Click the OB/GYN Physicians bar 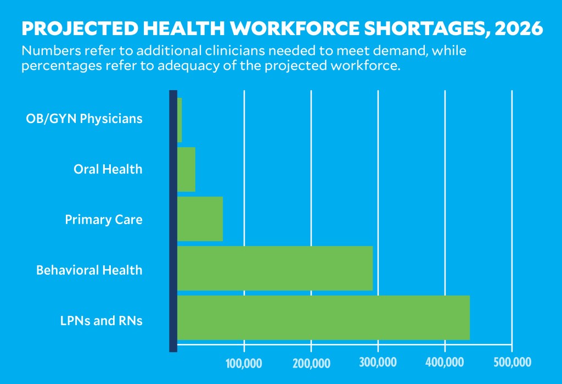tap(179, 120)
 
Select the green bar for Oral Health tap(187, 169)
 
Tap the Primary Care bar tap(200, 219)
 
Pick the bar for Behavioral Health tap(275, 268)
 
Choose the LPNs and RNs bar tap(324, 318)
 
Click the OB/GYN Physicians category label tap(85, 119)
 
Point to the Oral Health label tap(108, 169)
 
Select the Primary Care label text tap(104, 220)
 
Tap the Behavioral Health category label tap(89, 270)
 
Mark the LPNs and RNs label tap(102, 321)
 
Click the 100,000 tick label tap(244, 363)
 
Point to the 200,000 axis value tap(311, 363)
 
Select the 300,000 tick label tap(378, 363)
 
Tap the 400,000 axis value tap(445, 363)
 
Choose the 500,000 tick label tap(512, 363)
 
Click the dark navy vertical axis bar tap(173, 220)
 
